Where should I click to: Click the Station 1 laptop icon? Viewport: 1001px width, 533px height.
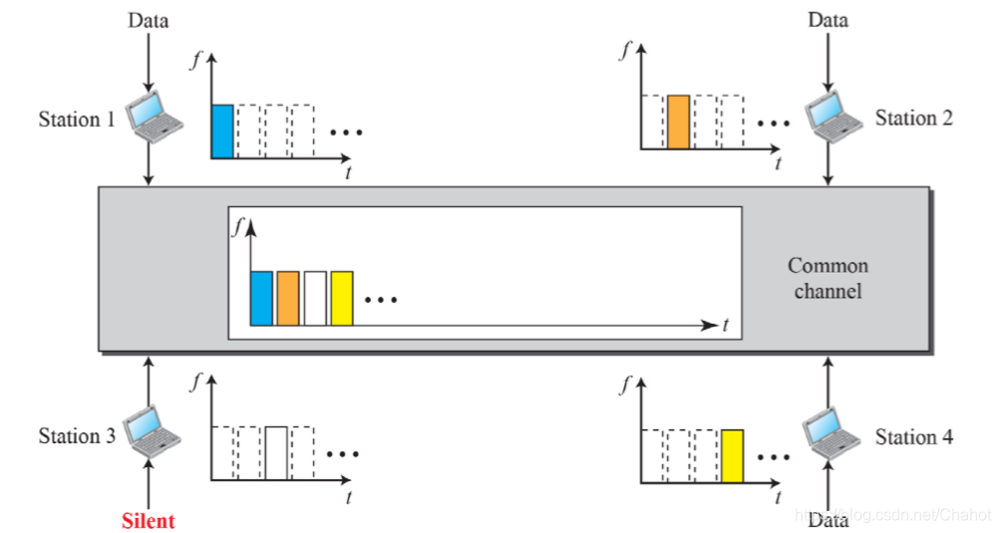click(156, 116)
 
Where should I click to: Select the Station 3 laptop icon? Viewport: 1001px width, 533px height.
click(153, 430)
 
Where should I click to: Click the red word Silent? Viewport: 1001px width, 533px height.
click(148, 521)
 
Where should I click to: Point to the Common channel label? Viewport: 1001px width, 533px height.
click(828, 278)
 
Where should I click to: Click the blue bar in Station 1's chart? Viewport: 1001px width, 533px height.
click(222, 131)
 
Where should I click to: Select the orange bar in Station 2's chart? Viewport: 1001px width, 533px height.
click(678, 122)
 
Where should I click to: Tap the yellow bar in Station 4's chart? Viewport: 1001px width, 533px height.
click(733, 454)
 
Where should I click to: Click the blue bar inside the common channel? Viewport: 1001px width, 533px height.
click(261, 298)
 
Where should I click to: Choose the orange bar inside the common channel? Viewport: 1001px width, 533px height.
click(288, 298)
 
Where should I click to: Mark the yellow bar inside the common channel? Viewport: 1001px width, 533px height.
click(342, 298)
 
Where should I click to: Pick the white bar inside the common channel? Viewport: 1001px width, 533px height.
click(315, 298)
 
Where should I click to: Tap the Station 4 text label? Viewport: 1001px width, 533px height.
click(913, 437)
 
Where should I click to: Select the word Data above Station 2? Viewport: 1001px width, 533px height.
click(829, 20)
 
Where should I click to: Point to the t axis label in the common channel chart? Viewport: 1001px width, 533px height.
click(727, 324)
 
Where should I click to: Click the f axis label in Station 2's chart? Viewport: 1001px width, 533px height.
click(625, 51)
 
